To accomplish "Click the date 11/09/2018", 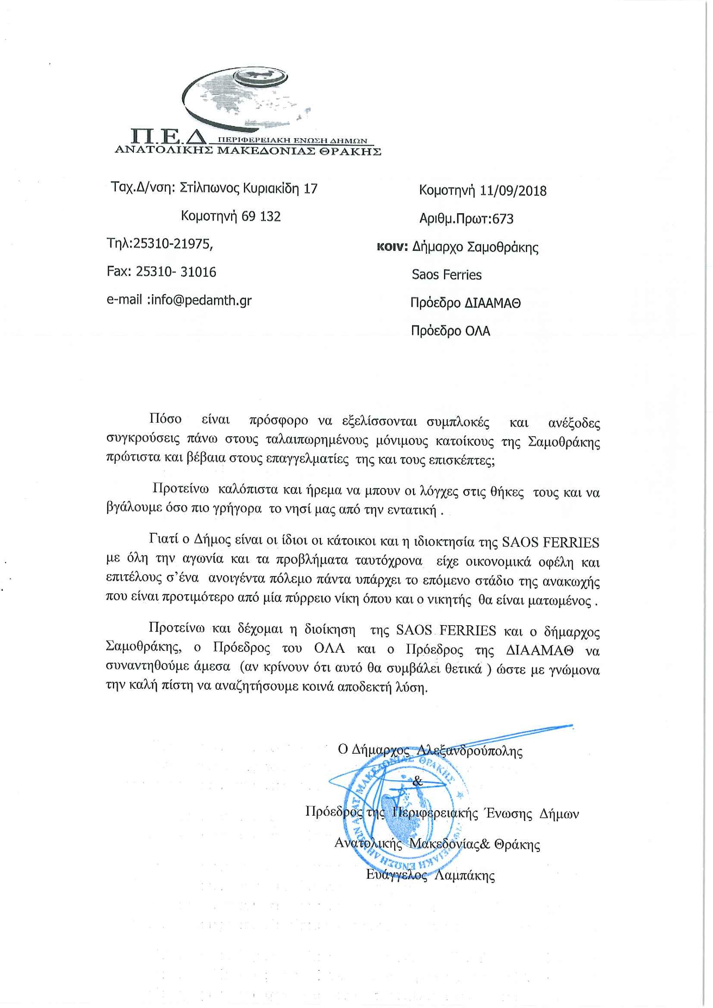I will [x=513, y=191].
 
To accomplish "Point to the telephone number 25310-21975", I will [x=172, y=244].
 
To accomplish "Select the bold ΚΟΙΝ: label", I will [x=393, y=248].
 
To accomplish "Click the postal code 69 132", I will [x=262, y=216].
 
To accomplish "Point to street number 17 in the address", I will [x=310, y=189].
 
